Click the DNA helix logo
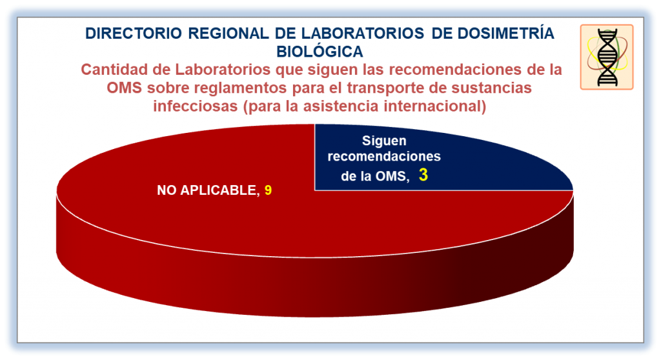point(607,57)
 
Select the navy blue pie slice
point(422,160)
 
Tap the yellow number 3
point(423,175)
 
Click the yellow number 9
point(268,190)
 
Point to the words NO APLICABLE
point(207,190)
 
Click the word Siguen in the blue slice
point(384,141)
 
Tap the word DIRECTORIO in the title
point(134,34)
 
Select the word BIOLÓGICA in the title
point(320,52)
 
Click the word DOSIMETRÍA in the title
point(506,33)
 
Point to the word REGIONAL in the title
point(228,34)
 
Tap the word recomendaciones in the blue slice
point(384,156)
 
